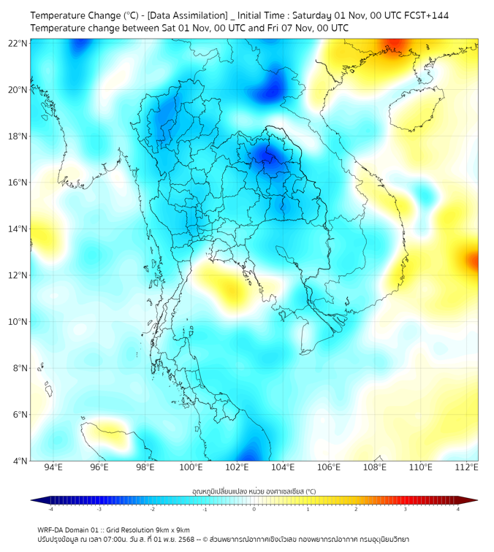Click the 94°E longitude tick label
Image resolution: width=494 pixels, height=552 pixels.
53,468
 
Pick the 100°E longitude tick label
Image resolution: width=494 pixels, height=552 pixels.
191,468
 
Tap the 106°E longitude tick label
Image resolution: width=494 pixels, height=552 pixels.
329,468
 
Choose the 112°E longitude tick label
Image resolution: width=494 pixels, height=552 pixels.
467,468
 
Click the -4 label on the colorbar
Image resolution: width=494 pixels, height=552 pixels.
50,509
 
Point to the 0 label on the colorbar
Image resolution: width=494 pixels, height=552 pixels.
254,509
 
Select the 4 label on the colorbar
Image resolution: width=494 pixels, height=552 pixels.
458,509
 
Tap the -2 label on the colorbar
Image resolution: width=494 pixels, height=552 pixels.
152,509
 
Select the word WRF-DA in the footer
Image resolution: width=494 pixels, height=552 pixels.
50,529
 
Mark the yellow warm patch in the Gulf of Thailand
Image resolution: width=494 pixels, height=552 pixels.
230,285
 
